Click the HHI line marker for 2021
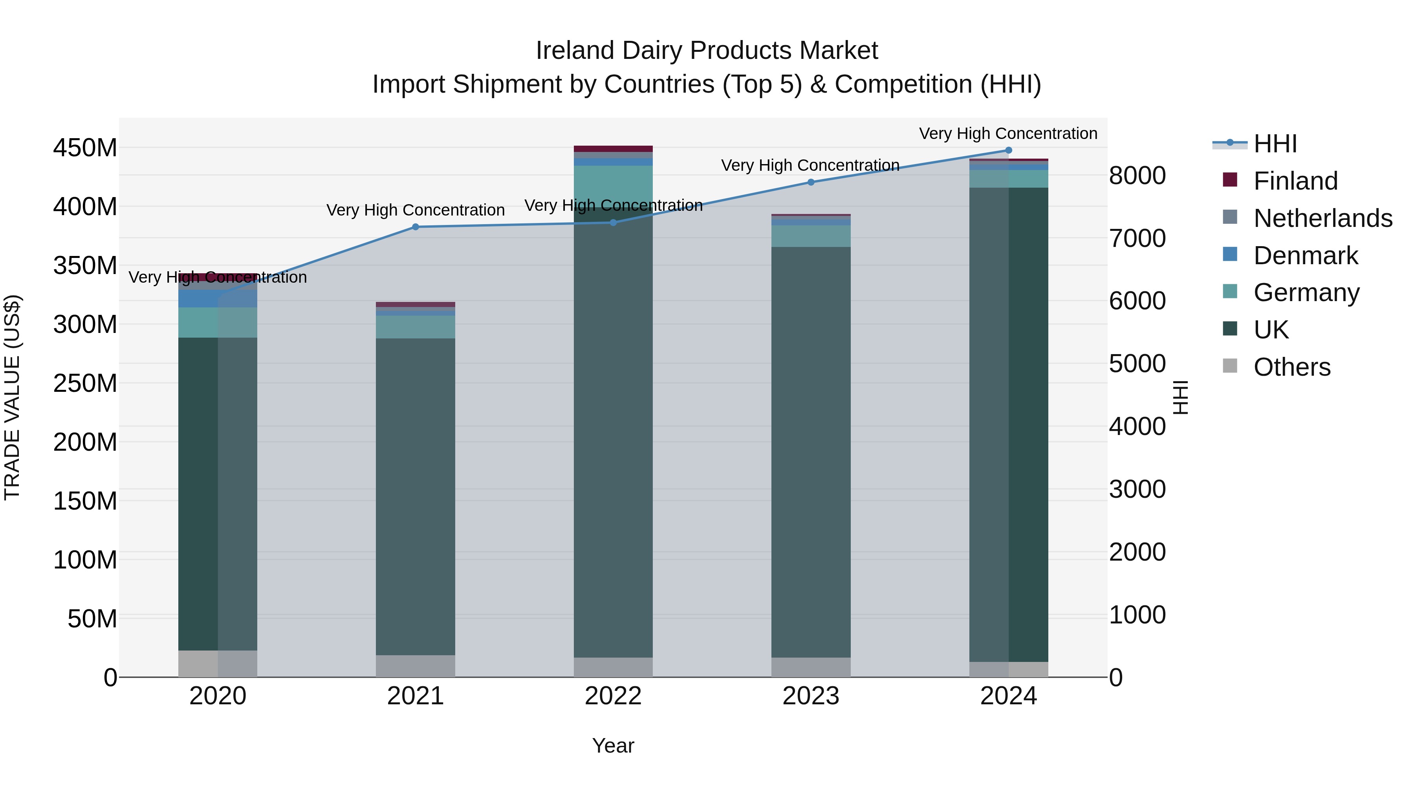[x=416, y=227]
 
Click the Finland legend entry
[x=1295, y=181]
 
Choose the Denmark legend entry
[x=1305, y=256]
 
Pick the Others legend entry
[x=1291, y=367]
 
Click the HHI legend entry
[x=1275, y=144]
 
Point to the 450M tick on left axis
[x=85, y=148]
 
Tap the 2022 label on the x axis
[x=613, y=696]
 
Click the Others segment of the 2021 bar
[x=416, y=666]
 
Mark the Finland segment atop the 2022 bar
[x=613, y=149]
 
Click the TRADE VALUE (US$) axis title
[x=12, y=397]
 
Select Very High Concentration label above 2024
[x=1008, y=134]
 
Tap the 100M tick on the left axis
[x=85, y=560]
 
